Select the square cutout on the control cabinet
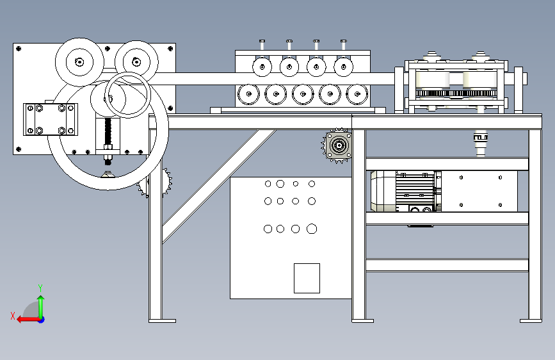307,278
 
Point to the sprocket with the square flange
337,147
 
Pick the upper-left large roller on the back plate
79,62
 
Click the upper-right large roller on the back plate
136,61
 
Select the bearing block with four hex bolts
50,120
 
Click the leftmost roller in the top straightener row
262,66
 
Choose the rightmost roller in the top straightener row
344,66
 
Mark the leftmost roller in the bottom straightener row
246,94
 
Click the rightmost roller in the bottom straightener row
357,94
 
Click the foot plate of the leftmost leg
162,320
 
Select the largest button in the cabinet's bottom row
312,229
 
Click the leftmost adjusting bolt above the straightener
262,45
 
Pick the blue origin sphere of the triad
40,319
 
